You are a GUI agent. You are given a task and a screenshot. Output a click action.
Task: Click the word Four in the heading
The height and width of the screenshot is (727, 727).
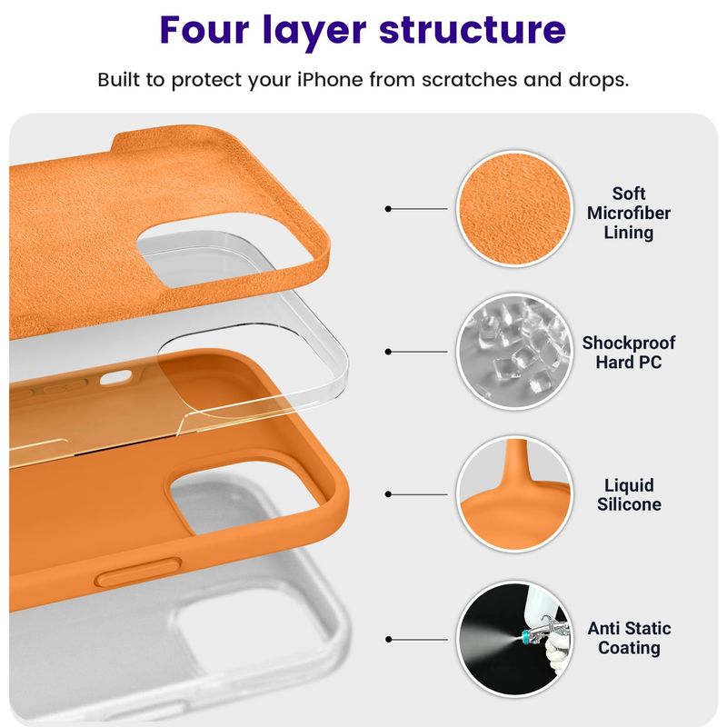(x=204, y=30)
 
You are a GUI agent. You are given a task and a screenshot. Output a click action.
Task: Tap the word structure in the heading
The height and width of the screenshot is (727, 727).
(x=473, y=31)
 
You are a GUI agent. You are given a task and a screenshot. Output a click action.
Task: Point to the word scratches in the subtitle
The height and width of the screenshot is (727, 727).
(x=469, y=80)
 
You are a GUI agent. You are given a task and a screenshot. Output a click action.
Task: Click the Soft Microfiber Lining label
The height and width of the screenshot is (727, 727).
(x=628, y=213)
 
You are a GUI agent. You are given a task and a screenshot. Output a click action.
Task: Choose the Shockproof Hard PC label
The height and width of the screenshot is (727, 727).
(x=628, y=352)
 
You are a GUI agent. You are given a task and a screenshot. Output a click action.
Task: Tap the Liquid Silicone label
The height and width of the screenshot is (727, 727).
(x=629, y=494)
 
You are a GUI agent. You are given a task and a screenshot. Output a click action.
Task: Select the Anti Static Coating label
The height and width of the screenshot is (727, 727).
(x=629, y=638)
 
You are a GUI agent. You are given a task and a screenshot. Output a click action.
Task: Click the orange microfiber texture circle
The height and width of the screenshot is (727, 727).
(x=514, y=209)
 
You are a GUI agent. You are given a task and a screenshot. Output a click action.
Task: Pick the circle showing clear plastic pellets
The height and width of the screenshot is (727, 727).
(x=514, y=352)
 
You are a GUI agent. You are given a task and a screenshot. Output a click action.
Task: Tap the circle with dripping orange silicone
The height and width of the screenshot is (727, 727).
(x=514, y=494)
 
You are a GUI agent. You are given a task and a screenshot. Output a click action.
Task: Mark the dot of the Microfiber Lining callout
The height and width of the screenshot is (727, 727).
(x=388, y=209)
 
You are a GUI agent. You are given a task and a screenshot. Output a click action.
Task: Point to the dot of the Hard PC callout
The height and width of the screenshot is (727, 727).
(x=388, y=352)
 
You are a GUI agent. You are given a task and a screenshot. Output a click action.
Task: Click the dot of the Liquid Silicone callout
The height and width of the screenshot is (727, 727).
(x=388, y=494)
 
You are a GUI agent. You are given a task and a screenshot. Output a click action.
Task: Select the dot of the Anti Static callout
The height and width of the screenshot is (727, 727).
(x=388, y=640)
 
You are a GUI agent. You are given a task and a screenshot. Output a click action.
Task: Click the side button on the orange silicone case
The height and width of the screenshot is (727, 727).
(x=138, y=573)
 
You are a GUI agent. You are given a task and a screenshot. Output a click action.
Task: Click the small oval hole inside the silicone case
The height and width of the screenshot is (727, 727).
(x=115, y=377)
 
